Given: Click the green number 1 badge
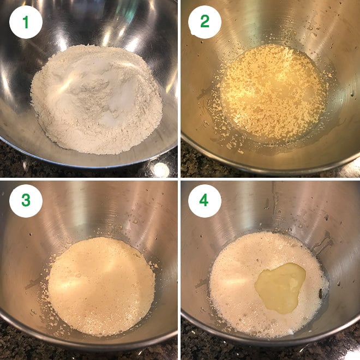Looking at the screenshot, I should [x=26, y=22].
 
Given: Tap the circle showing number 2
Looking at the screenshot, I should [x=205, y=22].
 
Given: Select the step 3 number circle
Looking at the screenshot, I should [x=26, y=201].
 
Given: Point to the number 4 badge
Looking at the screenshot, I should [x=205, y=201].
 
